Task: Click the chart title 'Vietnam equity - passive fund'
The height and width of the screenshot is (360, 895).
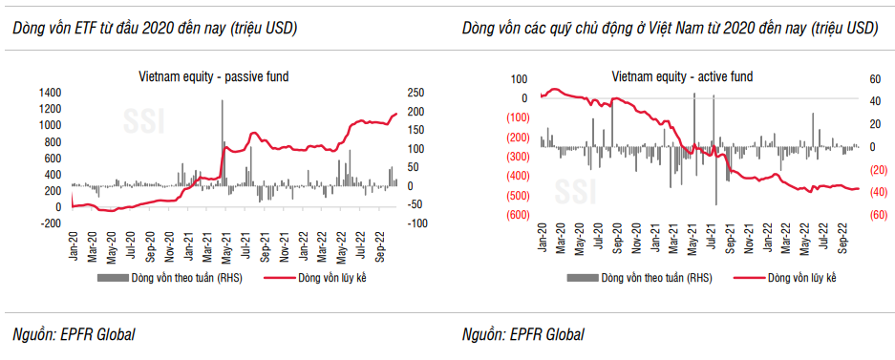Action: click(x=214, y=74)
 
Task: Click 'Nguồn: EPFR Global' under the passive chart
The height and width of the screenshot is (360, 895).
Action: click(x=74, y=334)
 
